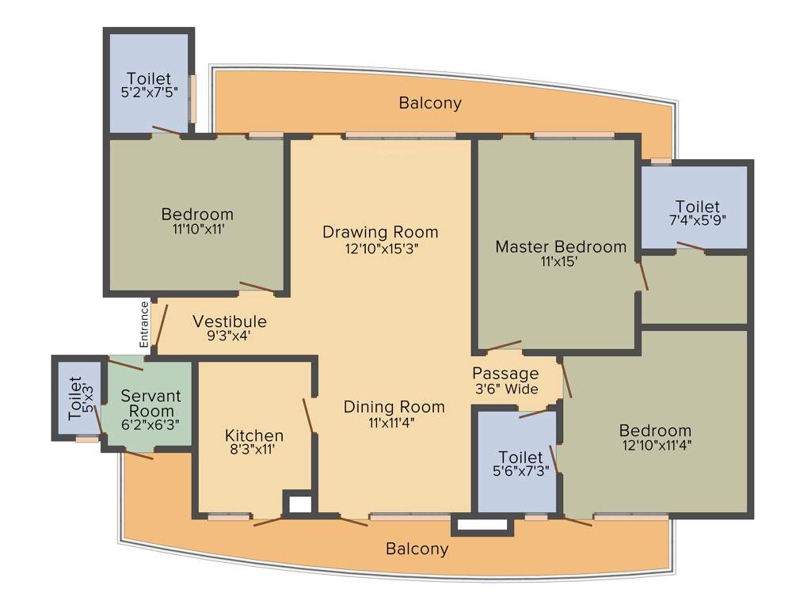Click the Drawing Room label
[x=380, y=232]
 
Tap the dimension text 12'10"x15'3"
[x=380, y=248]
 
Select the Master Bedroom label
[x=561, y=246]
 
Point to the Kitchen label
[x=254, y=435]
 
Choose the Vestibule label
[x=230, y=321]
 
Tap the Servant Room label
[x=151, y=403]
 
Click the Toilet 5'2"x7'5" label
[x=149, y=78]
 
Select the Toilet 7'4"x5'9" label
[x=698, y=207]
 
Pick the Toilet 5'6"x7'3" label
[x=520, y=458]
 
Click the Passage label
[x=505, y=374]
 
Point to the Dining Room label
[x=394, y=407]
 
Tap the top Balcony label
[x=430, y=103]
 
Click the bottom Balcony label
[x=417, y=549]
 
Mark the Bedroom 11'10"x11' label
[x=197, y=214]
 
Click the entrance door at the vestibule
[x=162, y=325]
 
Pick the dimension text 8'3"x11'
[x=254, y=450]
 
